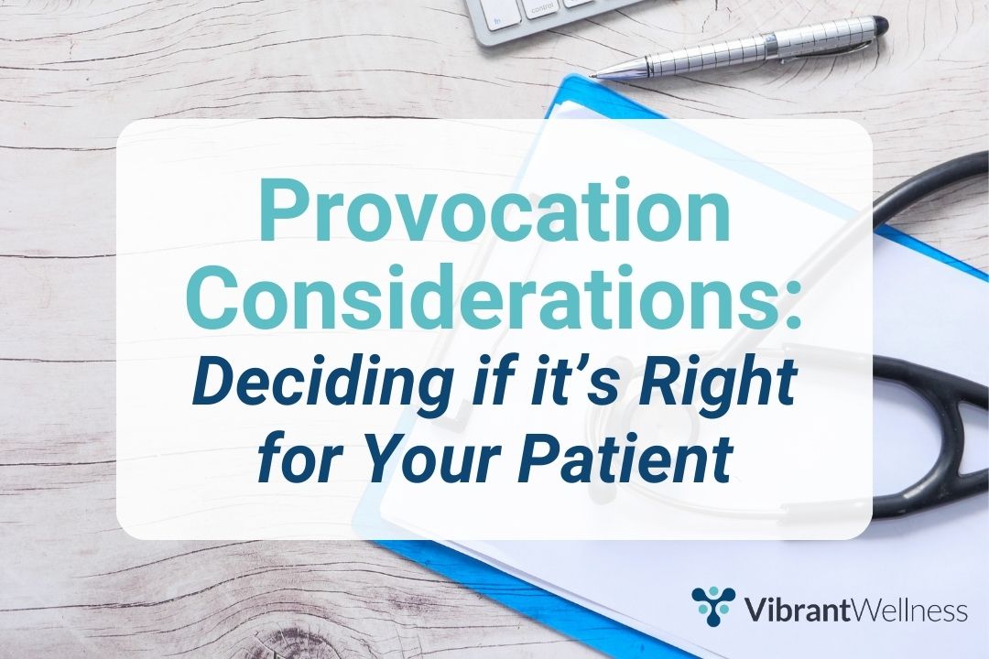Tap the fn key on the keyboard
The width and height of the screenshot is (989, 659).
click(x=497, y=19)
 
